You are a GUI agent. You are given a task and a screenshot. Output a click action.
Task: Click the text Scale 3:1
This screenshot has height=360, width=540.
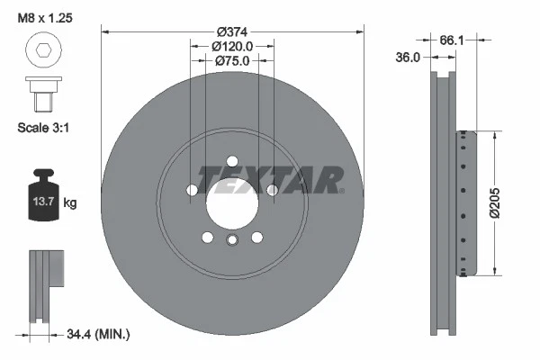point(45,128)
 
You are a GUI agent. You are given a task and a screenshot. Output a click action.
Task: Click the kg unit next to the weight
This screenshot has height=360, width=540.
point(70,203)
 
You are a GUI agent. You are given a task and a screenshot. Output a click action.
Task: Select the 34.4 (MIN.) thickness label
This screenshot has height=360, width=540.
point(98,335)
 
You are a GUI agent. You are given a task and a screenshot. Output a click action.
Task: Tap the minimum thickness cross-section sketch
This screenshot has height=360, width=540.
point(45,283)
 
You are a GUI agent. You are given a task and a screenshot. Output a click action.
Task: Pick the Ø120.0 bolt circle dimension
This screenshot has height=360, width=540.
point(232,45)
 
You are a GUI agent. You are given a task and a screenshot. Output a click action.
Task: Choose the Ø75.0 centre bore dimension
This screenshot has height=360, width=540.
point(232,60)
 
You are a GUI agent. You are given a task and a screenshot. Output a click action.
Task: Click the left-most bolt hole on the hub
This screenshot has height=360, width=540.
point(192,190)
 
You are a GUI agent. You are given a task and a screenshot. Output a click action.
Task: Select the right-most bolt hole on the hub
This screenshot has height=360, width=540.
point(272,190)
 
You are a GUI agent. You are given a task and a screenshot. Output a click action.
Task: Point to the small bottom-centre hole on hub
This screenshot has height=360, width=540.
point(232,239)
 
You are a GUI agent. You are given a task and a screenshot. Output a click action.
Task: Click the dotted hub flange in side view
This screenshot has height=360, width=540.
point(463,202)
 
